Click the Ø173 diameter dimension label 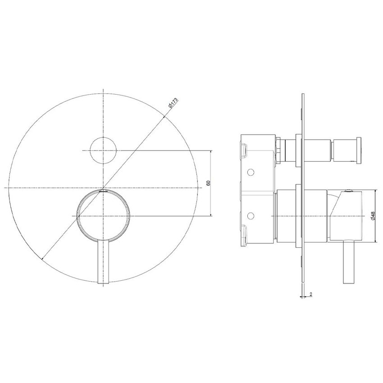(173, 103)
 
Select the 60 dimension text (208, 183)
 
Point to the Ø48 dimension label (373, 216)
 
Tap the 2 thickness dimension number (311, 294)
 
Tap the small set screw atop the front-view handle (104, 191)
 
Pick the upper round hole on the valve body (251, 173)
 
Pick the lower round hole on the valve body (251, 216)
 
